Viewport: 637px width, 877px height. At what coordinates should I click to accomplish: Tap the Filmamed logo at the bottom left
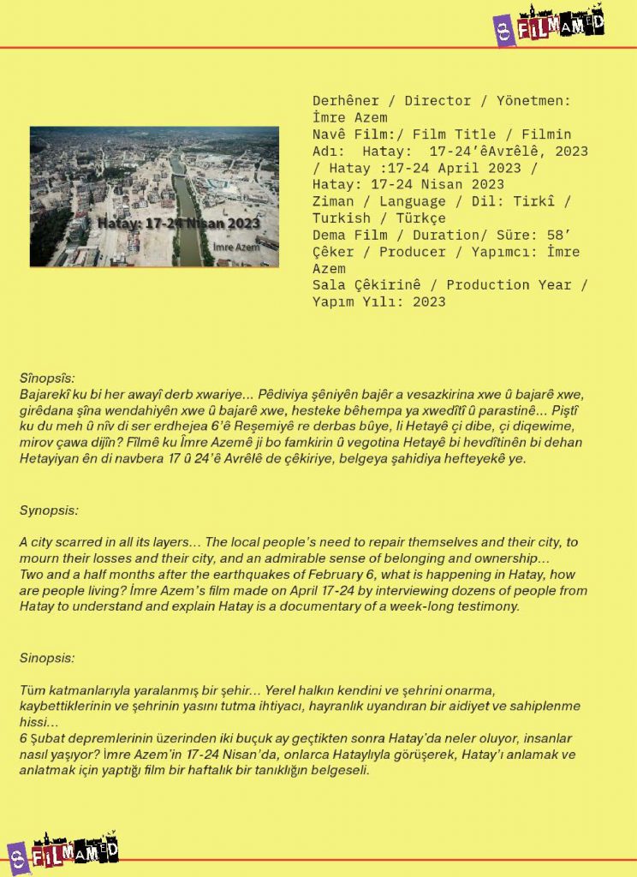point(62,850)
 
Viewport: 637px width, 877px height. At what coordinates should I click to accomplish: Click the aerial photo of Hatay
point(154,196)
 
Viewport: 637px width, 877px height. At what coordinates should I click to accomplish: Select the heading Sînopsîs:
point(48,378)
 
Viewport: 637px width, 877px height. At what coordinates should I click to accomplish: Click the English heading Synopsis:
point(49,510)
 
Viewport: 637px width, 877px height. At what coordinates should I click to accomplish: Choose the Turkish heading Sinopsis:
point(47,659)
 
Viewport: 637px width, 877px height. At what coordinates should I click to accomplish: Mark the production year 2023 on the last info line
point(428,301)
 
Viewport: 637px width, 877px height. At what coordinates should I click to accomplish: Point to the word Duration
point(434,235)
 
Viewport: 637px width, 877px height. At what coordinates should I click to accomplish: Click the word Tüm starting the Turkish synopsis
point(32,690)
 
